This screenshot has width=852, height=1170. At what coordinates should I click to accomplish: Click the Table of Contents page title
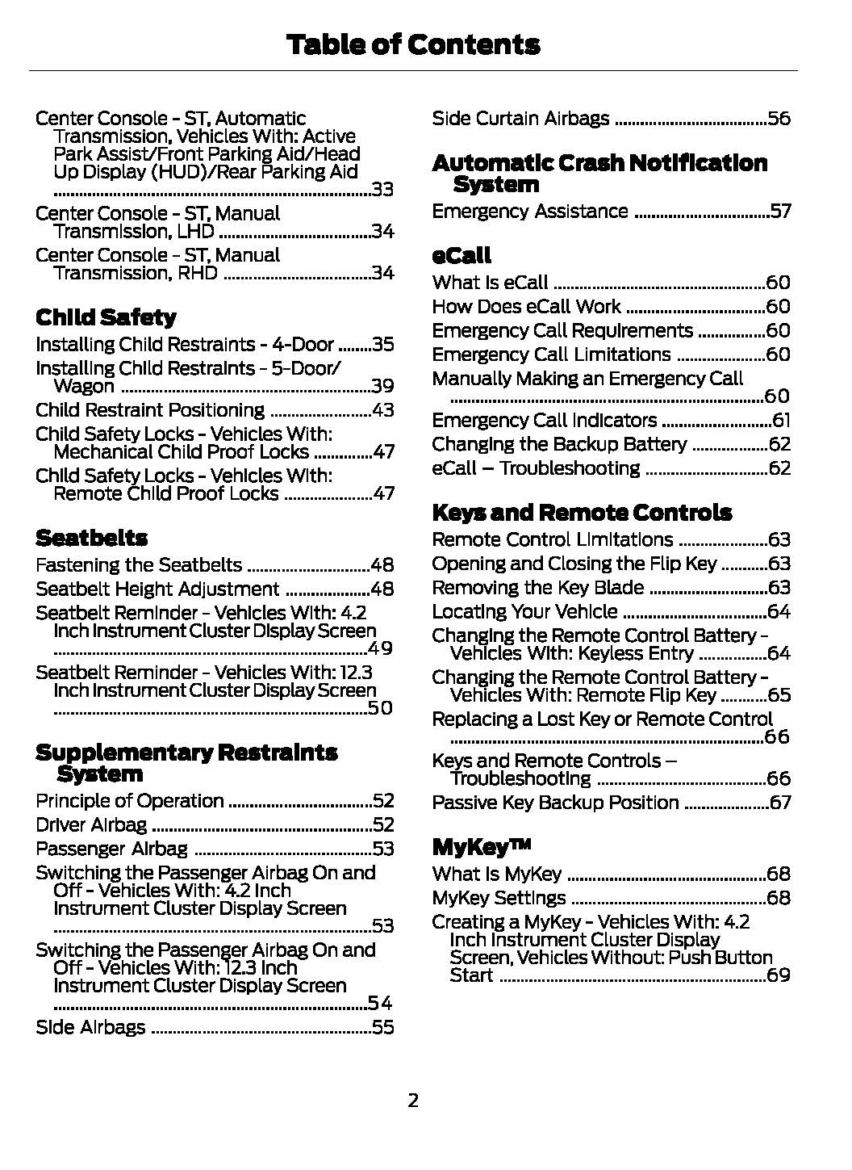413,44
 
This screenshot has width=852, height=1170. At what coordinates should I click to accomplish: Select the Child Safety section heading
106,317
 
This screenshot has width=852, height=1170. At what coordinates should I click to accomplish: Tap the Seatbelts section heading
91,538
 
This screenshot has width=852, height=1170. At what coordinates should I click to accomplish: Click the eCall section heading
461,256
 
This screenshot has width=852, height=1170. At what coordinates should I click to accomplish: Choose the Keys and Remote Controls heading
582,513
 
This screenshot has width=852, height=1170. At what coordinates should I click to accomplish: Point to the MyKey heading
482,847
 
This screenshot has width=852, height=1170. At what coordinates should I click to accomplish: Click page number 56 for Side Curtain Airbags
779,119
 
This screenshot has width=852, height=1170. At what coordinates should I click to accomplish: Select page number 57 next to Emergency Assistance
780,212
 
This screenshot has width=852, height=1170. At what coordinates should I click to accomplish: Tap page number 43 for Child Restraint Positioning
382,410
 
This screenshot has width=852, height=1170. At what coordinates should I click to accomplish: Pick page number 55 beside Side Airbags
382,1027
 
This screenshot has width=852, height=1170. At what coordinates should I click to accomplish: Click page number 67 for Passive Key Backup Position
780,803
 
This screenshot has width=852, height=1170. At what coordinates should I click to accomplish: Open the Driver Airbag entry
91,824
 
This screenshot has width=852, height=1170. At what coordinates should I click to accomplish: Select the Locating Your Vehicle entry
524,612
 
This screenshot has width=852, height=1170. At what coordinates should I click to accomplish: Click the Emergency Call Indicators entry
545,421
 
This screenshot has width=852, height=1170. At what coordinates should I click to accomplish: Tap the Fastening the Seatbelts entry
139,565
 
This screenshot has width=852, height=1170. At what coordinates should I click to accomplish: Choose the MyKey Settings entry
499,898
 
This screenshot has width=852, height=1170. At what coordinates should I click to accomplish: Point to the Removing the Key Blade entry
537,588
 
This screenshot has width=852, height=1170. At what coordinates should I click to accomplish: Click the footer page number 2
413,1101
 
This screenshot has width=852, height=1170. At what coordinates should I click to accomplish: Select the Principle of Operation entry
130,801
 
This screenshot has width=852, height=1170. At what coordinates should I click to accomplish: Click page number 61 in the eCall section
781,421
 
